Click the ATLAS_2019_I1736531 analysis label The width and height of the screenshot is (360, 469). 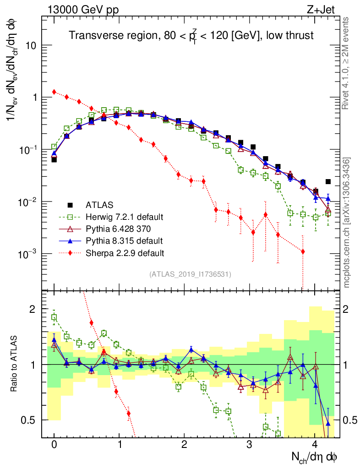[190, 274]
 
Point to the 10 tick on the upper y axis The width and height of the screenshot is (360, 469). [32, 46]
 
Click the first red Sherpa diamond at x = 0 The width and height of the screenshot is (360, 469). [54, 92]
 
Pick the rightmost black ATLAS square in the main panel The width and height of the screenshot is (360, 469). [328, 182]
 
